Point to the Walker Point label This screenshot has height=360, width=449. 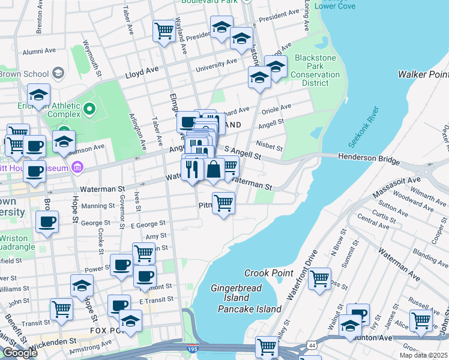[423, 74]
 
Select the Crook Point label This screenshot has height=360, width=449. [268, 273]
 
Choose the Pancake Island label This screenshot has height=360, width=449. [249, 309]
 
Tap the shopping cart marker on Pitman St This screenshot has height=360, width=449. [223, 202]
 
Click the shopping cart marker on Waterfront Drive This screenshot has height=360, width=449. [319, 278]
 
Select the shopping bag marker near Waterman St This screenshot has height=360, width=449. [214, 169]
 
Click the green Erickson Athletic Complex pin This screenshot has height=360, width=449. [89, 109]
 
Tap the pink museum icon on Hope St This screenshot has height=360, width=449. [77, 167]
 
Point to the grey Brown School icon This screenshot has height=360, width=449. [58, 74]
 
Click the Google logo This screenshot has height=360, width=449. [20, 352]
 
